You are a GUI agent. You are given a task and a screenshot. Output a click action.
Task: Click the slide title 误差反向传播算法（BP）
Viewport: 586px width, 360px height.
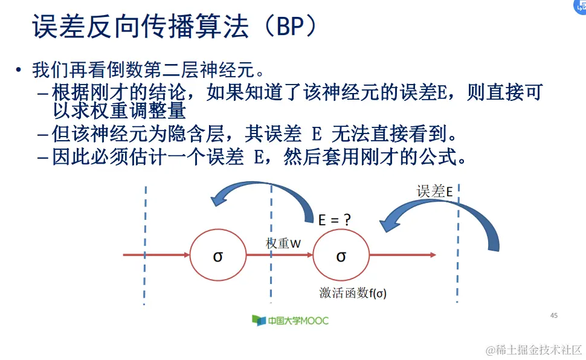175,27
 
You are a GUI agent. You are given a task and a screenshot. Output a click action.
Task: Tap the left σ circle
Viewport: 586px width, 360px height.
218,256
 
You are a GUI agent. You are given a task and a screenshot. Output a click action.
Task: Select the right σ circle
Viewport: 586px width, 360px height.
341,256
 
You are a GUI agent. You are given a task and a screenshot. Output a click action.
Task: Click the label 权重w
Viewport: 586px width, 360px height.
283,243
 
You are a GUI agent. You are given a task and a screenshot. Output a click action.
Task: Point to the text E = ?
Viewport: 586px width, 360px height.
335,220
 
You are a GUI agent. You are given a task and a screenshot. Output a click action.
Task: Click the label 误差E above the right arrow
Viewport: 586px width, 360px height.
434,191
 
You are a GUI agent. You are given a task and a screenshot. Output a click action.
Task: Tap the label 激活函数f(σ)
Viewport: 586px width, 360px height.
353,294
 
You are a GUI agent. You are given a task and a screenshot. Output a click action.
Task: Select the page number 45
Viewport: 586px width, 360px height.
554,315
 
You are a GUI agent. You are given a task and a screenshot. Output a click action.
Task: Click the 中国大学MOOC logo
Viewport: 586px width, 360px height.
290,320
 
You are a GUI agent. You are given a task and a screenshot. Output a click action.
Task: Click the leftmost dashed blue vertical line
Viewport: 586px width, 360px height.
145,242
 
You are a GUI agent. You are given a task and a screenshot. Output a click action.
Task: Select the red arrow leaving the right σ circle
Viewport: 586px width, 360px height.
402,255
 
